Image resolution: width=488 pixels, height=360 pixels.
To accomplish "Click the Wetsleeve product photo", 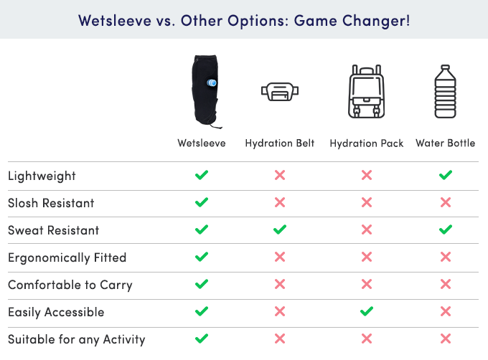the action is coord(205,92).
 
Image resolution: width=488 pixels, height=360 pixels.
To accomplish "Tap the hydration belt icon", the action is coord(280,91).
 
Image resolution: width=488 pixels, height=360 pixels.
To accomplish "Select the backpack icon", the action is coord(366,91).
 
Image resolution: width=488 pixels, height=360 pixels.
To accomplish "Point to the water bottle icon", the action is coord(446,91).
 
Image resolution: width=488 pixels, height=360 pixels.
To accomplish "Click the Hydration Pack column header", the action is coord(366,143).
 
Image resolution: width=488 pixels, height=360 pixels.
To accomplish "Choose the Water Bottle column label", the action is coord(446,143).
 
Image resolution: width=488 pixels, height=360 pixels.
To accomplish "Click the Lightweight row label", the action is coord(42,176).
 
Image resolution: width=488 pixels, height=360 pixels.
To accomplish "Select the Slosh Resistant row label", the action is coord(51,203).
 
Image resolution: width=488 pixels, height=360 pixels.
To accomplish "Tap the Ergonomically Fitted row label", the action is coord(67,257).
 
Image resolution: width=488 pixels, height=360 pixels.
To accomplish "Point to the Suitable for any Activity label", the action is coord(77,339).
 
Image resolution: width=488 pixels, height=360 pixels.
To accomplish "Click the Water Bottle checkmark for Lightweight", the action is coord(446,175).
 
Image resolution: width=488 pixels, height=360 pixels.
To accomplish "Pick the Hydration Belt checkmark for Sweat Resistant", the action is coord(280,229).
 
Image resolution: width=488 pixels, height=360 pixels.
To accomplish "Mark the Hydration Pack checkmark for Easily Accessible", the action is coord(367,311).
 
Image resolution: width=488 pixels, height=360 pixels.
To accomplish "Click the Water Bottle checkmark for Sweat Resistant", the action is coord(446,229).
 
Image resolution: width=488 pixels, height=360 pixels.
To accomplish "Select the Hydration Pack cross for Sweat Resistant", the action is coord(367,229).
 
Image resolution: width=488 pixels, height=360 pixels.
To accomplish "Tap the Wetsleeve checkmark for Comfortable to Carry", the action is coord(202,284).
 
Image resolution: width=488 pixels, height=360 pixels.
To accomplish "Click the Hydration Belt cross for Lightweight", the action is coord(280,175).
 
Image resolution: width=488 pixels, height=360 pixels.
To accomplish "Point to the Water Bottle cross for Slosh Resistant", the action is coord(446,202).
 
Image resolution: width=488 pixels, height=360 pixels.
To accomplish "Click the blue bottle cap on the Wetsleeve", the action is coord(212,82).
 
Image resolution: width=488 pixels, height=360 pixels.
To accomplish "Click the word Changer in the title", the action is coord(376,21).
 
